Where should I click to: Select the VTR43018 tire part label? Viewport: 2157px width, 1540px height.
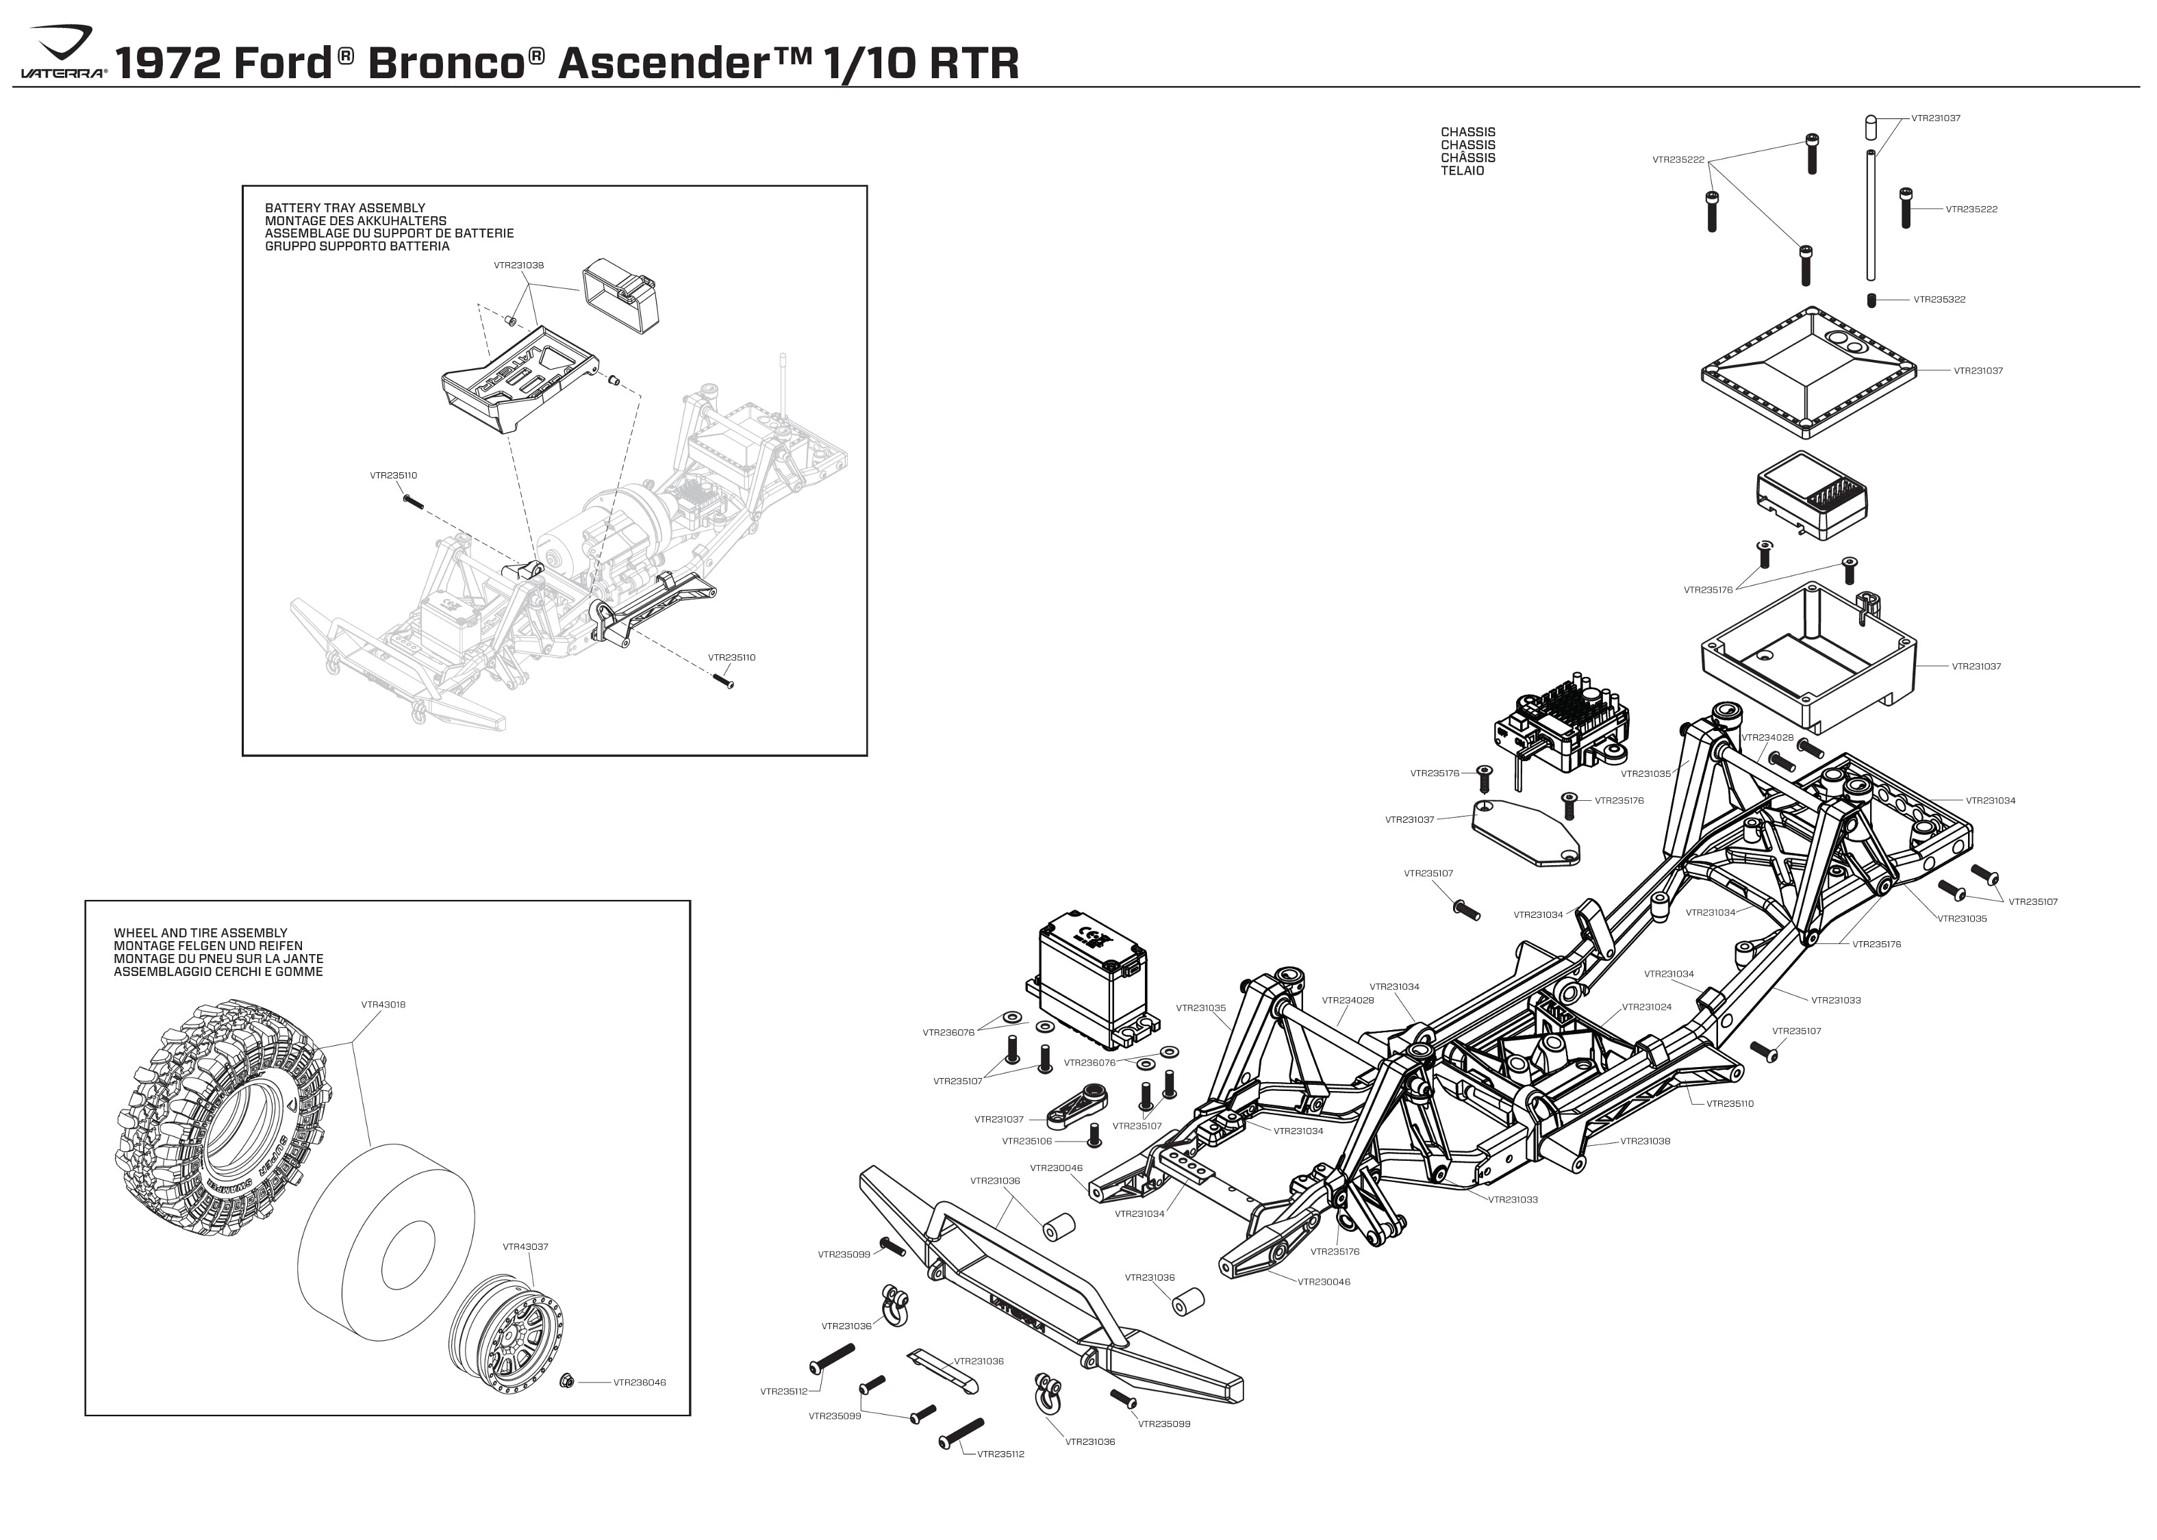pos(383,1004)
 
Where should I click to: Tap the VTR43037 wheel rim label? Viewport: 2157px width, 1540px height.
pos(525,1247)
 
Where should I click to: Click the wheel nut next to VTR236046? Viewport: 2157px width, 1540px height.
pos(566,1381)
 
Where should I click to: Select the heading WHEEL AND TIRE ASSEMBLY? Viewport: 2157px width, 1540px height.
pos(200,933)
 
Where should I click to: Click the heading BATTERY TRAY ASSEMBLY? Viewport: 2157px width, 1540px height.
pos(344,207)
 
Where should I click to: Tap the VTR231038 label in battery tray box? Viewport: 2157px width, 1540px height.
pos(519,266)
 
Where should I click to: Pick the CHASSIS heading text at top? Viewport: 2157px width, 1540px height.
pos(1467,133)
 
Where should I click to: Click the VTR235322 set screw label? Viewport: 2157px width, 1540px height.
pos(1939,300)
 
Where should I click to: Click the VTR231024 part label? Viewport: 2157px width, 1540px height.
pos(1647,1007)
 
